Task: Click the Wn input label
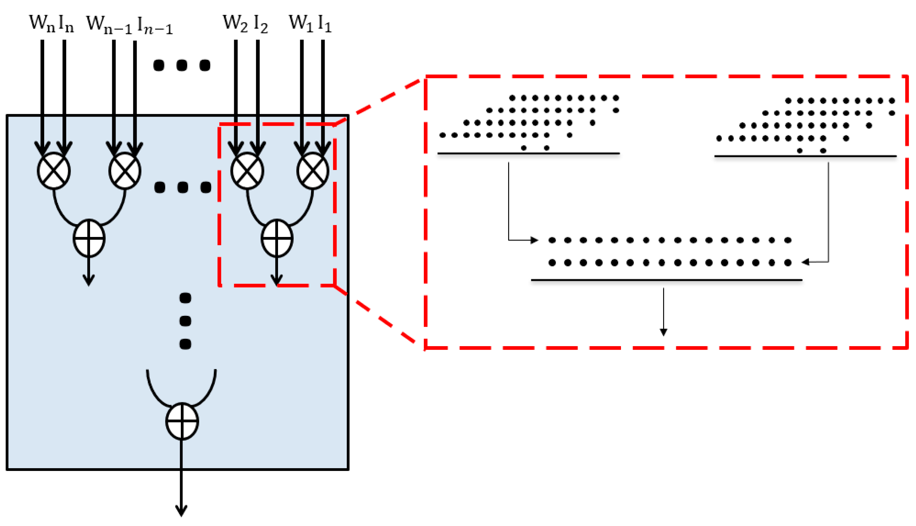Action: [42, 23]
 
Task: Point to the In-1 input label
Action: [155, 26]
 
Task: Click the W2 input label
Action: [235, 23]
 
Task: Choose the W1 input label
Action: [301, 23]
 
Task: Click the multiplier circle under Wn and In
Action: [54, 171]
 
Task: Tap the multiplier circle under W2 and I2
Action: [247, 171]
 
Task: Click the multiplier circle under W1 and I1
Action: [313, 171]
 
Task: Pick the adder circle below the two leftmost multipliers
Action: [89, 238]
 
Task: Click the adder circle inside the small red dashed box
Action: [277, 238]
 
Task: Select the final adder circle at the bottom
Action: [182, 421]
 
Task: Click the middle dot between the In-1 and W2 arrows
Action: [182, 65]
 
